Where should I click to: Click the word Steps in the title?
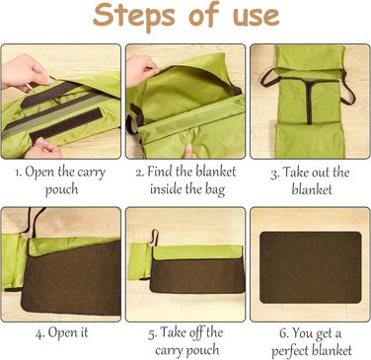point(134,16)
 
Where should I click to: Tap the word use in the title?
point(257,17)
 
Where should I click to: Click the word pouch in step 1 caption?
point(61,189)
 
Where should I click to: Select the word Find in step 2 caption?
point(160,172)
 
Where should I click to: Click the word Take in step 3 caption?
point(295,173)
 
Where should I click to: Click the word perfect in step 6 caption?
point(290,351)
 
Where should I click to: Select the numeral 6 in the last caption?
point(283,333)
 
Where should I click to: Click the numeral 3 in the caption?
point(273,174)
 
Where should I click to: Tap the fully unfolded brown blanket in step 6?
point(311,267)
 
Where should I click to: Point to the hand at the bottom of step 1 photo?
point(43,149)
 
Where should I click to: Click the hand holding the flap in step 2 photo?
point(141,70)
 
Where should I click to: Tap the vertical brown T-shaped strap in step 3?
point(309,99)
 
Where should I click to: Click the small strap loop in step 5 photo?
point(155,238)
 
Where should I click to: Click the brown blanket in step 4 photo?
point(71,279)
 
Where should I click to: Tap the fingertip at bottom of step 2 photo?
point(188,151)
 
